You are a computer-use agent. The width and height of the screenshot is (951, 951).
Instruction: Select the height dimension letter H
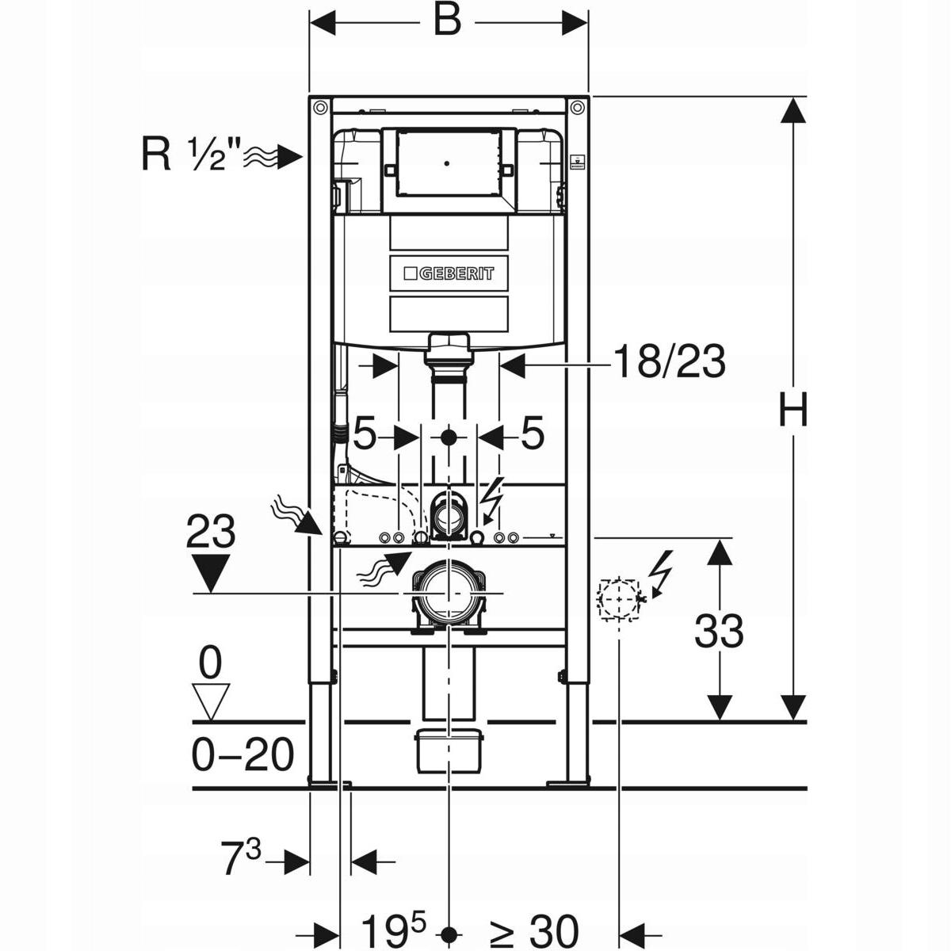(792, 411)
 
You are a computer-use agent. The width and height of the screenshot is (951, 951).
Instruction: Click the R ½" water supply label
(190, 155)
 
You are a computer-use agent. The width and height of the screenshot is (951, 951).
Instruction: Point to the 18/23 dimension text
(668, 363)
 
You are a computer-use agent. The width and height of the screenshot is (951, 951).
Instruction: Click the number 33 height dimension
(719, 632)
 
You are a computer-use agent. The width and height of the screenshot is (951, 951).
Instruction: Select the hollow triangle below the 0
(210, 702)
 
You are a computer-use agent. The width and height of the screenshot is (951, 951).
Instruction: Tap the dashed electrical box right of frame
(619, 598)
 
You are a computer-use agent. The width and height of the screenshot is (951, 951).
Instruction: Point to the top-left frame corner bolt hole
(320, 107)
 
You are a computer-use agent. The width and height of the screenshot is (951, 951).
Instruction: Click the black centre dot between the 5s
(449, 436)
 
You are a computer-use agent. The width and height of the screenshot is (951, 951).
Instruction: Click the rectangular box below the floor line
(449, 749)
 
